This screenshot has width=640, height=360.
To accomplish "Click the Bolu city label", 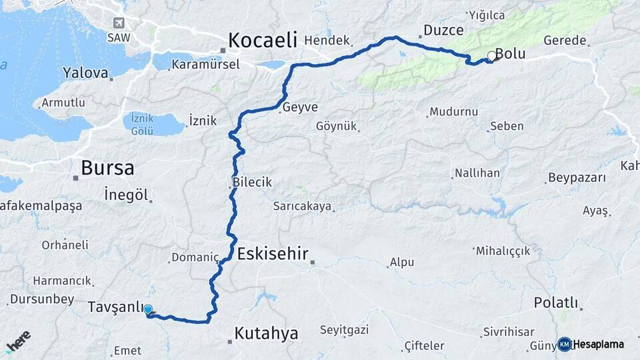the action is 511,55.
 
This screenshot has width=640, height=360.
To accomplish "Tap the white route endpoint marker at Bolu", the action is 492,57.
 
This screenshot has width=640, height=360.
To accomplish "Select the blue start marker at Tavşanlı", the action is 148,310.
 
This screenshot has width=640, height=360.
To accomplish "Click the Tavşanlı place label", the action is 115,307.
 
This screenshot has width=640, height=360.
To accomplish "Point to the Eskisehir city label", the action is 273,253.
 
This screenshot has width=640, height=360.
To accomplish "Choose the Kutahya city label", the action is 266,333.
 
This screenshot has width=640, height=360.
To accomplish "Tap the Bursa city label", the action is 107,168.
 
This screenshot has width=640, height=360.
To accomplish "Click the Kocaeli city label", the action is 262,40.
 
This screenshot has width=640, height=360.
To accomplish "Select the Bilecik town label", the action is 252,182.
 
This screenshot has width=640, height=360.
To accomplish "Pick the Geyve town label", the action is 300,107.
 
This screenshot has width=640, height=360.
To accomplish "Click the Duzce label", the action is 443,30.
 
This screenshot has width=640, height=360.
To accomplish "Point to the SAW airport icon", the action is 119,23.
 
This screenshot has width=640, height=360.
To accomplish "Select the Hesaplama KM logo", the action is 591,344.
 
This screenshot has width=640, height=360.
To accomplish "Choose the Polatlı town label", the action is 555,302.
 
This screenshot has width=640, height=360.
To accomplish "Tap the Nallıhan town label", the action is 477,173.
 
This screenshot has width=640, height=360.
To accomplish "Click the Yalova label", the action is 85,73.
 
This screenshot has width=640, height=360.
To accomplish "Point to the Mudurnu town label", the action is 453,112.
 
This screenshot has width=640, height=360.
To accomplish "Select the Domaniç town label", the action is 195,257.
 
